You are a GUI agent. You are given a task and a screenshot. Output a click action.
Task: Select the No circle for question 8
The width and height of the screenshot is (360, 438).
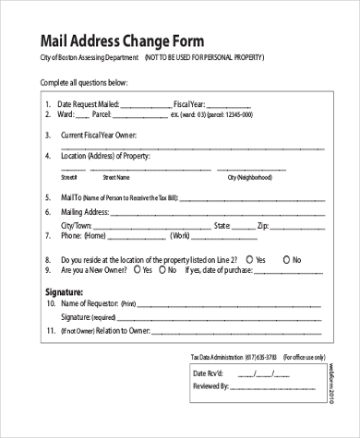(287, 260)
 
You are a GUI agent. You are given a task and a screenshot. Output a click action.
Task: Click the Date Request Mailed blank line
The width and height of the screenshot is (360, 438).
(140, 105)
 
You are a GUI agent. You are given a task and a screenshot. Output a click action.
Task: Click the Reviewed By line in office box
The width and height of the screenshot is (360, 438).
(281, 388)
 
